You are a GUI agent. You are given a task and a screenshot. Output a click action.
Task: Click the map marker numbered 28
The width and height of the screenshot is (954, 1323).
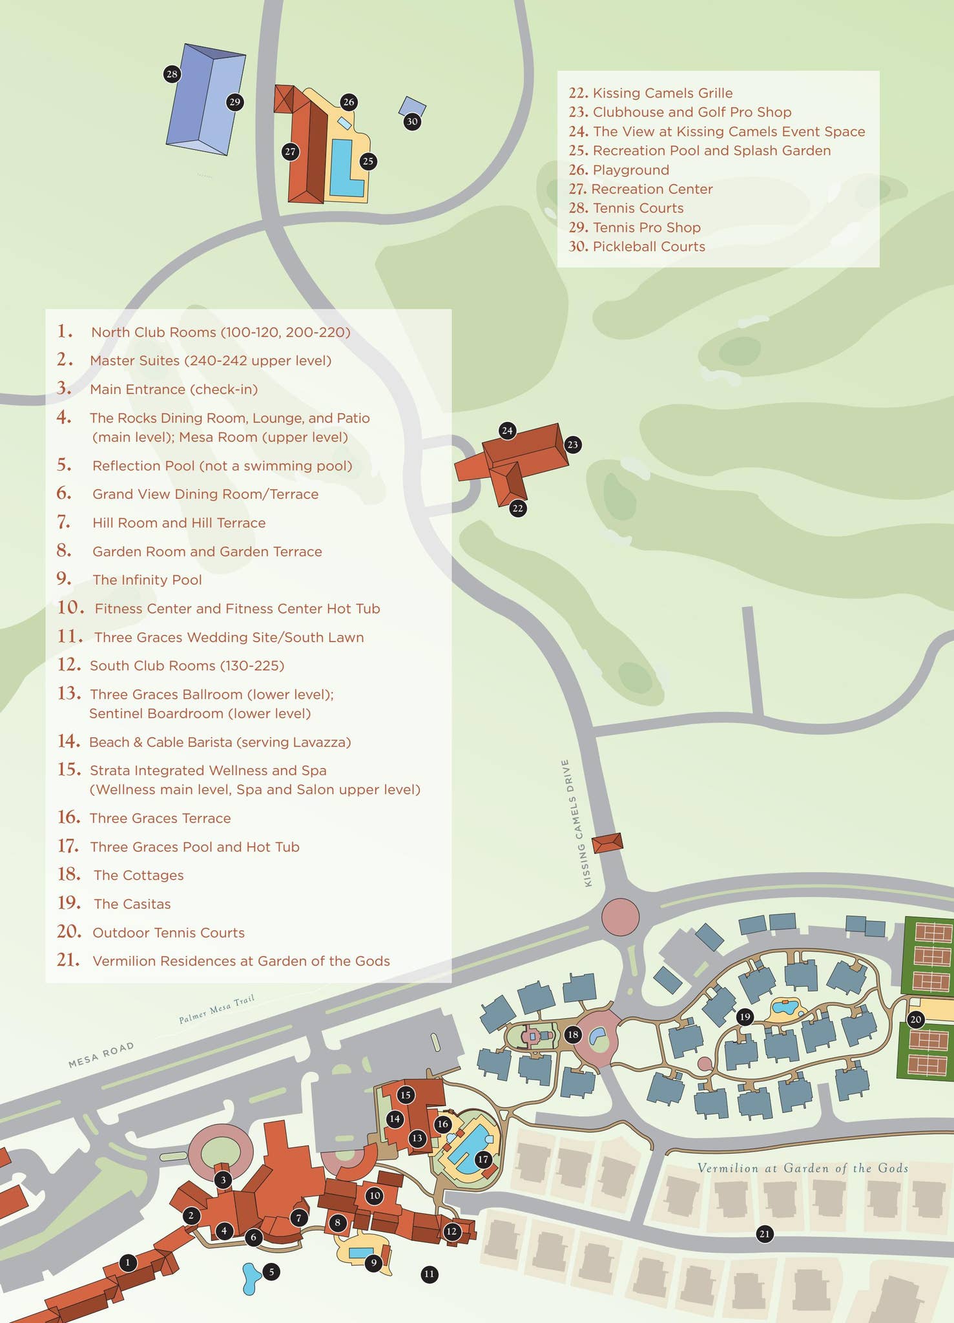click(x=171, y=74)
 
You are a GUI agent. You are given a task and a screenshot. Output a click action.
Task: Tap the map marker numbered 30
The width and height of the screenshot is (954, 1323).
click(x=412, y=121)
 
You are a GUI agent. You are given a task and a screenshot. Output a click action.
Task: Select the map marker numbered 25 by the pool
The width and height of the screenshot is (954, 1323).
click(x=368, y=161)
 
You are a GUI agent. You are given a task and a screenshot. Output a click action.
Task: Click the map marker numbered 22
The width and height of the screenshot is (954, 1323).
click(x=517, y=508)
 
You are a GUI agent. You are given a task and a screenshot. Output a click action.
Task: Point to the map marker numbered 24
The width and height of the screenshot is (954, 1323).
click(x=507, y=431)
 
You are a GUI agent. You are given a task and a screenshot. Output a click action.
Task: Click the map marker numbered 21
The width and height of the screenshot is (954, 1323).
click(x=765, y=1234)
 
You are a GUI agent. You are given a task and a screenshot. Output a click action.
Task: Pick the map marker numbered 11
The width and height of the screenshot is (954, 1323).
click(x=430, y=1275)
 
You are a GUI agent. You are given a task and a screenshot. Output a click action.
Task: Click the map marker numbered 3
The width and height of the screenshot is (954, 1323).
click(x=223, y=1180)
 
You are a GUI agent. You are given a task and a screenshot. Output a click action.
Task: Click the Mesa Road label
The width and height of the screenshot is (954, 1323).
click(x=101, y=1054)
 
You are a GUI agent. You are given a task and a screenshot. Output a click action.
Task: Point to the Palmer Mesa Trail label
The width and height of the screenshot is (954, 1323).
click(x=216, y=1010)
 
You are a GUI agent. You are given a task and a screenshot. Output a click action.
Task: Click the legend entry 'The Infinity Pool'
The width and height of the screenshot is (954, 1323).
click(x=147, y=580)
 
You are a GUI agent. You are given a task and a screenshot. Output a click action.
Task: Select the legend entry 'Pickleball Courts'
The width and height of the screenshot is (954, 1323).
click(x=648, y=247)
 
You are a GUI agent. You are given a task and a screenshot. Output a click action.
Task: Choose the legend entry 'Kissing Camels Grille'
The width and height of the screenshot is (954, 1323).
click(x=662, y=93)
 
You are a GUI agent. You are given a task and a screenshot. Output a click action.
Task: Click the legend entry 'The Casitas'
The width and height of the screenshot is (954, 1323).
click(x=132, y=904)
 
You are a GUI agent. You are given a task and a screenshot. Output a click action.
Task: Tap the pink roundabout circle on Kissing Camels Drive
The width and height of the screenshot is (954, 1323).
click(x=620, y=916)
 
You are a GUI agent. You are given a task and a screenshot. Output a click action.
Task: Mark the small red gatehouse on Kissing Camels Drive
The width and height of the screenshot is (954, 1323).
click(x=607, y=843)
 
